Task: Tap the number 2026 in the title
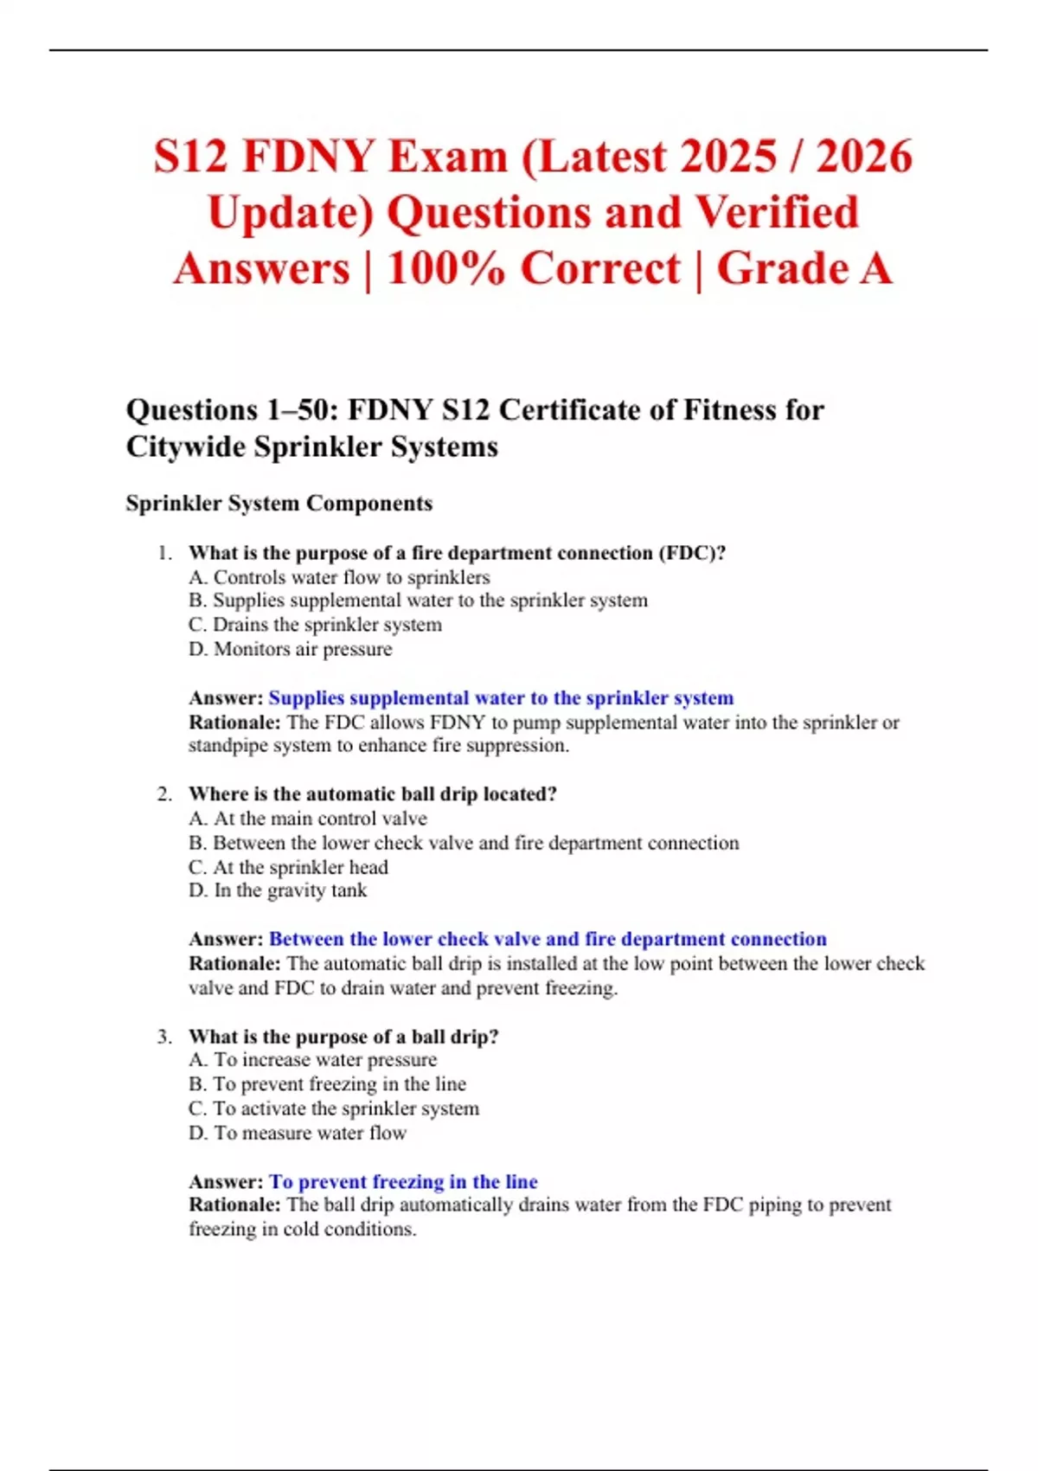[x=864, y=157]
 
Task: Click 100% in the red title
[x=445, y=268]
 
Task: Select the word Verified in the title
[x=776, y=213]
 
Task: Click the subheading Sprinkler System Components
[x=279, y=504]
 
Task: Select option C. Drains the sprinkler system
[x=315, y=625]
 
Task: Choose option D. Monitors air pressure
[x=290, y=649]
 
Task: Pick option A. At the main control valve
[x=307, y=819]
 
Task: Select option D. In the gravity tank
[x=278, y=890]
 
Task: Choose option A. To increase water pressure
[x=312, y=1060]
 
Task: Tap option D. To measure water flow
[x=297, y=1133]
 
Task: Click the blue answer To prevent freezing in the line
[x=403, y=1182]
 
